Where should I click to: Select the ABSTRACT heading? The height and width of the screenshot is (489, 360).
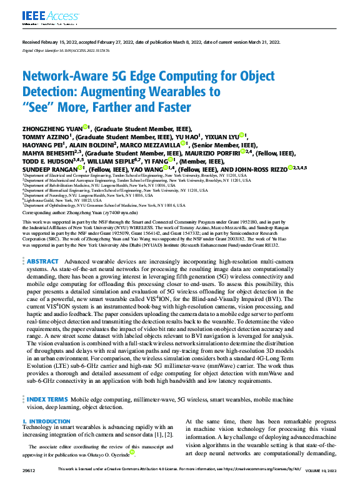click(x=43, y=279)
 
